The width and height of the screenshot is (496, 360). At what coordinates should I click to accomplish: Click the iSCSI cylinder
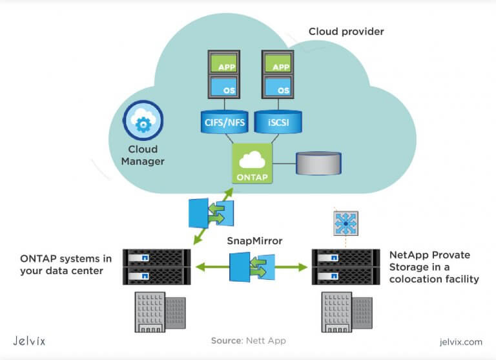[x=280, y=121]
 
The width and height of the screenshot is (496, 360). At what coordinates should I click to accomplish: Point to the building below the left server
[x=158, y=310]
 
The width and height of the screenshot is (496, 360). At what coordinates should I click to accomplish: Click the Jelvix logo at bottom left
[x=30, y=341]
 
